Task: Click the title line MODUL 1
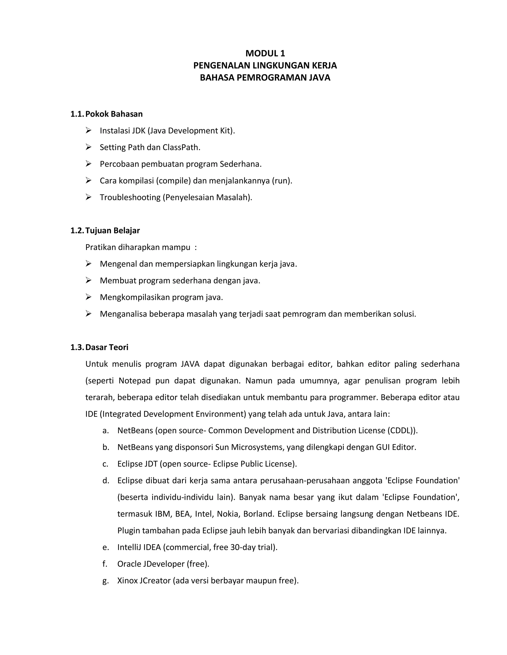coord(265,53)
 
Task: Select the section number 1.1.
coord(77,114)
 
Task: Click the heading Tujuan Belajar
coord(113,230)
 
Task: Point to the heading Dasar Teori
coord(107,347)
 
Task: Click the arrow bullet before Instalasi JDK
coord(88,131)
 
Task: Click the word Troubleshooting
coord(130,197)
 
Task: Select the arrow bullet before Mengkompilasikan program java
coord(88,297)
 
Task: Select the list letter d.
coord(105,481)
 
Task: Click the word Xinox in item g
coord(127,581)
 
